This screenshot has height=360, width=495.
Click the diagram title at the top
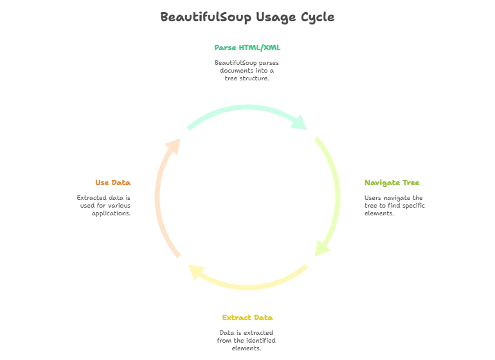248,18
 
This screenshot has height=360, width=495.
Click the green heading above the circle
248,47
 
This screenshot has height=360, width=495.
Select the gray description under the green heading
248,70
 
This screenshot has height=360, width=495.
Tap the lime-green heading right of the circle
392,183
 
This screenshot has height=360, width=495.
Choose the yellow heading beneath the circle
248,318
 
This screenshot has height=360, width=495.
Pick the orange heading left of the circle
113,183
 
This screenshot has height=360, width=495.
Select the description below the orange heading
105,206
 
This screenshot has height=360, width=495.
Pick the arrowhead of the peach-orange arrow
173,145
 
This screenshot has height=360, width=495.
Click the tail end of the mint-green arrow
188,126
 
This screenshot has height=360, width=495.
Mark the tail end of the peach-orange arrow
178,256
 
